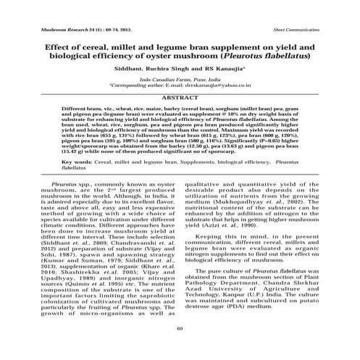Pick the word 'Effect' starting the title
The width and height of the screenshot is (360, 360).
[43, 44]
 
